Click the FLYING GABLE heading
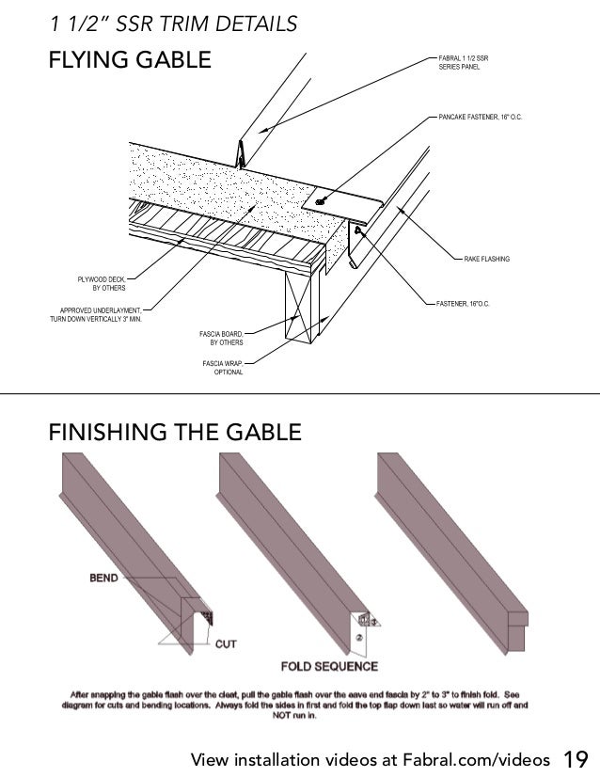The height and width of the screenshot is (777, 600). pyautogui.click(x=130, y=62)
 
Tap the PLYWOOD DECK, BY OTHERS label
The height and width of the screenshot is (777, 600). pyautogui.click(x=101, y=283)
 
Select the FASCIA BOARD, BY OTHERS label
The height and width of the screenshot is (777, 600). pyautogui.click(x=221, y=338)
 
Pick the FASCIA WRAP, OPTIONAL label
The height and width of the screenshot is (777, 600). pyautogui.click(x=223, y=368)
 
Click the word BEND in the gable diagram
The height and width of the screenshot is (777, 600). pyautogui.click(x=103, y=578)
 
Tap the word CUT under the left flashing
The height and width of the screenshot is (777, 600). pyautogui.click(x=226, y=644)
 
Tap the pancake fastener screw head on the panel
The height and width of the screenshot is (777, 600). pyautogui.click(x=323, y=200)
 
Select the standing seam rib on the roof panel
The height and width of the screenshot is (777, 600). pyautogui.click(x=242, y=151)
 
